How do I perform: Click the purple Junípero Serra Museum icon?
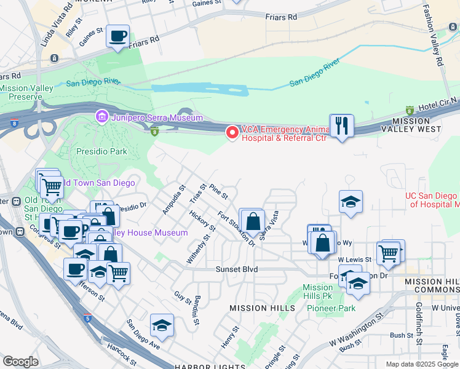click(101, 117)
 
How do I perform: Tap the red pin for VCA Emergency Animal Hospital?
click(232, 132)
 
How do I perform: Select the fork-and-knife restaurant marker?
click(342, 126)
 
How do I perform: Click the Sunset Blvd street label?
click(236, 269)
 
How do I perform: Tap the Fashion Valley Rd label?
click(433, 36)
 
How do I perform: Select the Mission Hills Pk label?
click(318, 292)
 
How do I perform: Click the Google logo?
click(20, 362)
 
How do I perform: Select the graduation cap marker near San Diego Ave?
click(162, 325)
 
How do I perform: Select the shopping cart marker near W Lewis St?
click(388, 252)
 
